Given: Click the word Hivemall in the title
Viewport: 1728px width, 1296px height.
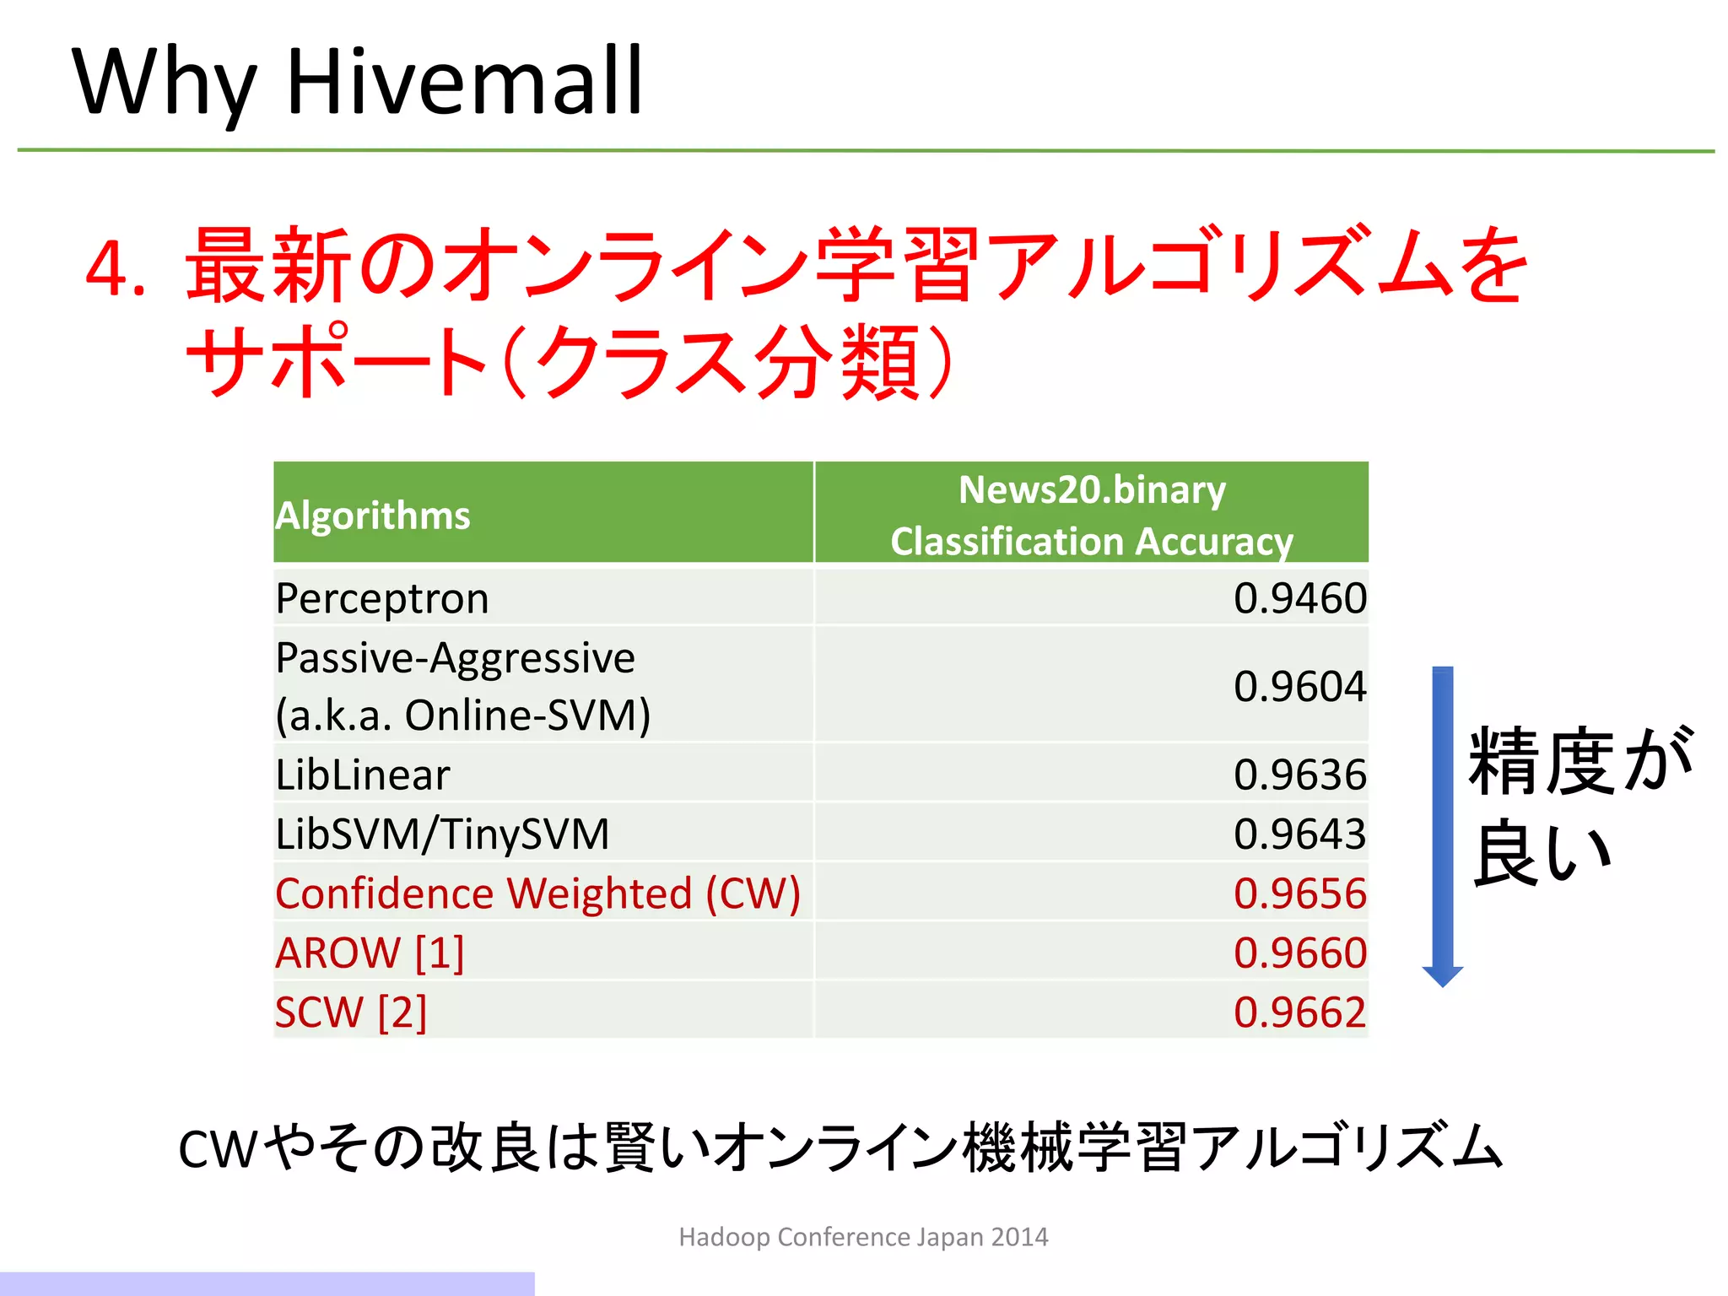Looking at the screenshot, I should tap(465, 82).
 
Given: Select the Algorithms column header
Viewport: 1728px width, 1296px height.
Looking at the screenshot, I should tap(373, 516).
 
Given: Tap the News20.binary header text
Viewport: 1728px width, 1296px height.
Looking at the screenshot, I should tap(1092, 490).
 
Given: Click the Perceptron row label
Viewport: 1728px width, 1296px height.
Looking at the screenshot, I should tap(382, 599).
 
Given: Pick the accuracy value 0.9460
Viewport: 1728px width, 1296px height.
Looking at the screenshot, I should tap(1299, 598).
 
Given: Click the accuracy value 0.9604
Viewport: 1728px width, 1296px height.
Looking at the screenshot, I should tap(1299, 686).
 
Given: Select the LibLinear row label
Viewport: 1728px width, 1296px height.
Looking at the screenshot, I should tap(363, 775).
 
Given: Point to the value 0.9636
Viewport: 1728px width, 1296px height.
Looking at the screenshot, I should tap(1299, 775).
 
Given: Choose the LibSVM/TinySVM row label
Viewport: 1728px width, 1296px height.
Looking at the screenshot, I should tap(442, 834).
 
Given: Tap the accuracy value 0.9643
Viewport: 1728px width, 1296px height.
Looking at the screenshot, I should tap(1299, 834).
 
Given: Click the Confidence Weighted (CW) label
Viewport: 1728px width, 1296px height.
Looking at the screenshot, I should tap(537, 894).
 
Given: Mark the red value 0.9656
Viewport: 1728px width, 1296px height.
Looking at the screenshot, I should tap(1299, 894).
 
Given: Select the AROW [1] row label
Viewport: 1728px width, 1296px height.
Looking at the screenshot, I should tap(370, 953).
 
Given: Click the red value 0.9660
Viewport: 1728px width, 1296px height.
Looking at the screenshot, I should tap(1299, 953).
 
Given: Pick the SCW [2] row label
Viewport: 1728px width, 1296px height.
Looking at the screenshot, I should tap(351, 1012).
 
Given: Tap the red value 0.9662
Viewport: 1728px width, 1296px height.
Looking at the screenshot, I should tap(1299, 1012).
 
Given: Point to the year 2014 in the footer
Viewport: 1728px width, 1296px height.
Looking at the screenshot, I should tap(1019, 1237).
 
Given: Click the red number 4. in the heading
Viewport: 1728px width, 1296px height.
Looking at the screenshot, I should tap(116, 270).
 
